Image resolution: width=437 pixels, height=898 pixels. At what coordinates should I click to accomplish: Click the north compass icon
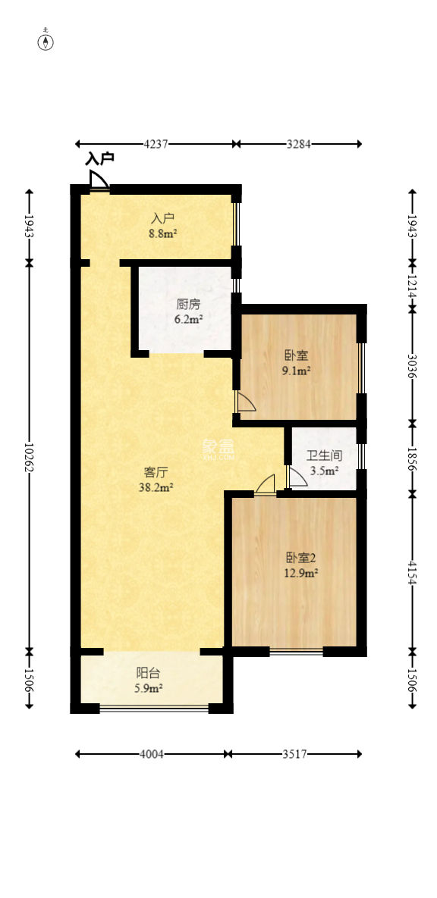pos(47,41)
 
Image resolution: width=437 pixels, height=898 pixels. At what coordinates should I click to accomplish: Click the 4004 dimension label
pos(151,754)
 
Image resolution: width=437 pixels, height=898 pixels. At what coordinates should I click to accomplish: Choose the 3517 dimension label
pos(294,754)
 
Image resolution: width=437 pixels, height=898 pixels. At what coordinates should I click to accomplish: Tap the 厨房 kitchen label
pos(188,305)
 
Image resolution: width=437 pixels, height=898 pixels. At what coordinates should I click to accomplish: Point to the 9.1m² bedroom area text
pos(297,371)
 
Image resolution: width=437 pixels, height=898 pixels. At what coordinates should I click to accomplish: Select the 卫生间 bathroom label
pos(324,457)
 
